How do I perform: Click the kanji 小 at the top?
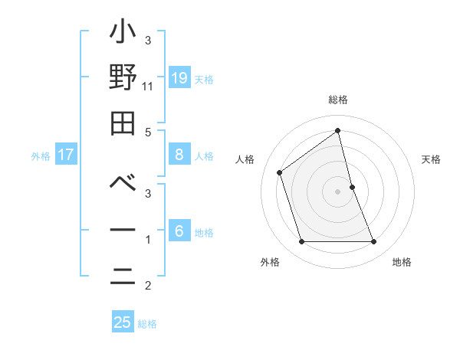pos(123,34)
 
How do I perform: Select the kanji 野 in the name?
pos(123,77)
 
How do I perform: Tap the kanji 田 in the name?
pos(123,122)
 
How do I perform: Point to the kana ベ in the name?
pos(123,185)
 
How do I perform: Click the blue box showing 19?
pos(179,78)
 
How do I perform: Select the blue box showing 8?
pos(179,155)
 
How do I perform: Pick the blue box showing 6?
pos(179,231)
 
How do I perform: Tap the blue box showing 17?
pos(66,155)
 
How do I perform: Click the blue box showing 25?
pos(123,322)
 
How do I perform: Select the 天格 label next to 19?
pos(204,80)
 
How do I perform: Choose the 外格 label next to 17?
pos(41,156)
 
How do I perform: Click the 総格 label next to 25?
pos(147,324)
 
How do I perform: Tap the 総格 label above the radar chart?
pos(337,100)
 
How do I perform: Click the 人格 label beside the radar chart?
pos(245,159)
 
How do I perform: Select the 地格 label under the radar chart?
pos(402,262)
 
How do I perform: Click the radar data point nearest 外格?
pos(301,242)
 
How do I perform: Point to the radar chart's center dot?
pos(337,191)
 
